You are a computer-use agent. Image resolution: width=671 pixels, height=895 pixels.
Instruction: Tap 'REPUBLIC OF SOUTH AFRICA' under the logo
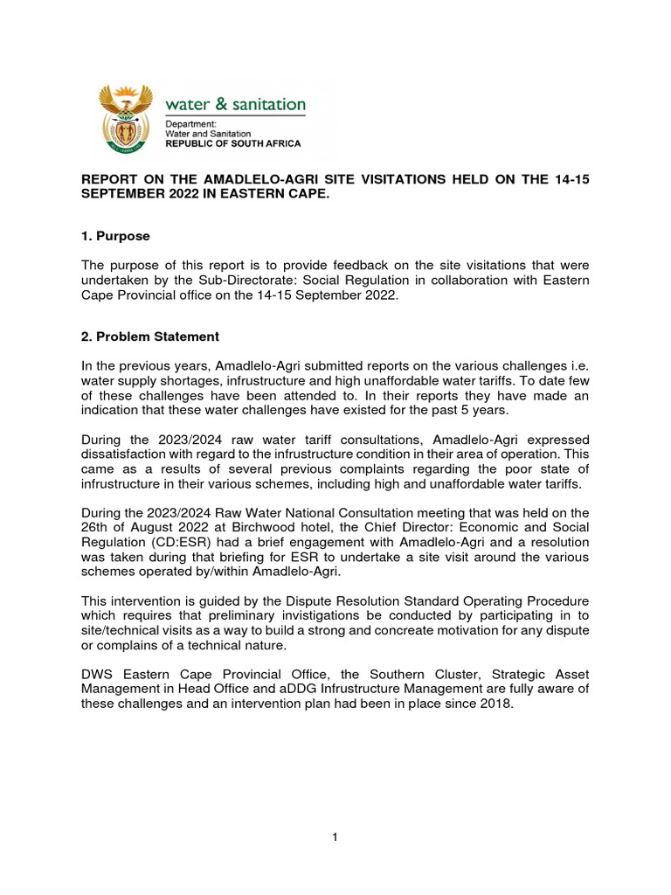233,143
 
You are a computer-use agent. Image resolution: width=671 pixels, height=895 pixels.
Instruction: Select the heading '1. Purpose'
115,236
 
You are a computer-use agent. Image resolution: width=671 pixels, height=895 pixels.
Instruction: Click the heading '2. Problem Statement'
150,336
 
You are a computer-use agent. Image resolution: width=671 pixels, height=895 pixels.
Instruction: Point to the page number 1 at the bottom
335,837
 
